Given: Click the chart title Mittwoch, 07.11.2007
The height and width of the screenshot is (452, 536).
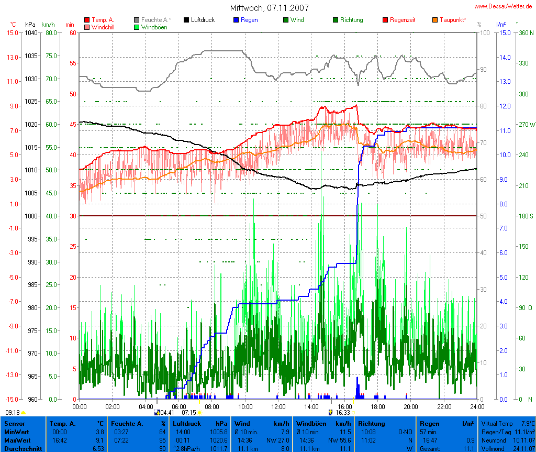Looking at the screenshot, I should pos(269,8).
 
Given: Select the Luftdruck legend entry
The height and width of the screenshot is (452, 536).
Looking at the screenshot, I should pos(203,20).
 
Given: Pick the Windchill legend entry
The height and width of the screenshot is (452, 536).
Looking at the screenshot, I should pos(104,27).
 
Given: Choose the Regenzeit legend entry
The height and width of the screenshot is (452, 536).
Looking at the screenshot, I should pos(403,20).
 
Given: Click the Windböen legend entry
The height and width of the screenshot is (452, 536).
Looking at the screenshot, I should pos(154,27).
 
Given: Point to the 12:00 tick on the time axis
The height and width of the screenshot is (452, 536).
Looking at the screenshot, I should pos(278,406).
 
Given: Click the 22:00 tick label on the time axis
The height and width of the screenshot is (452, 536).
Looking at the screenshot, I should pos(444,406).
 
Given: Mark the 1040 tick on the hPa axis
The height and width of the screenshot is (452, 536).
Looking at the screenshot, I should pos(30,32).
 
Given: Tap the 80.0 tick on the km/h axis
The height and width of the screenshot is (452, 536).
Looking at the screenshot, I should pos(51,32).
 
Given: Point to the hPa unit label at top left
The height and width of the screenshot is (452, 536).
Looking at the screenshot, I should pos(30,24).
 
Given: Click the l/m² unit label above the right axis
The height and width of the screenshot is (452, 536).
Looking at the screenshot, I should pos(500,24).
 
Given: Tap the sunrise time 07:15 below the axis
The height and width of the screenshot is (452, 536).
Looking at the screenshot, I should pos(188,413).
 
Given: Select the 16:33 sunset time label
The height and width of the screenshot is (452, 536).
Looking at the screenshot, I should pos(343,413).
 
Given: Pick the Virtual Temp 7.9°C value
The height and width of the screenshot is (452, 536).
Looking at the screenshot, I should pos(526,423).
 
